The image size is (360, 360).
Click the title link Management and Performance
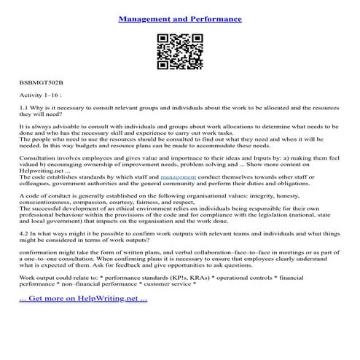pyautogui.click(x=179, y=14)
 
